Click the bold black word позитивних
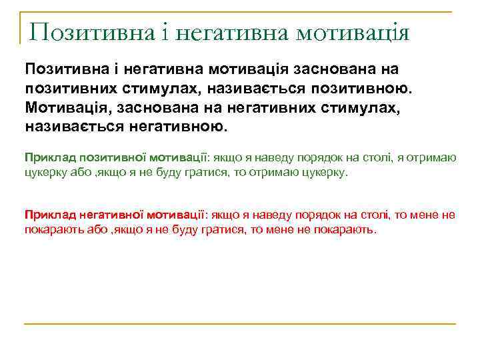[71, 87]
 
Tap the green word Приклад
[50, 157]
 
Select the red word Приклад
[50, 214]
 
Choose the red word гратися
[203, 229]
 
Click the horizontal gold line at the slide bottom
[240, 324]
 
